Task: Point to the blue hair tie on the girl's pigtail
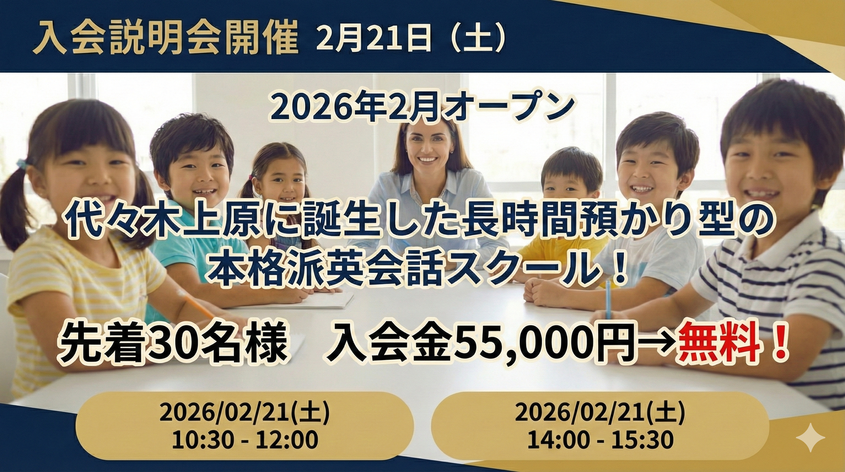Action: point(22,163)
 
